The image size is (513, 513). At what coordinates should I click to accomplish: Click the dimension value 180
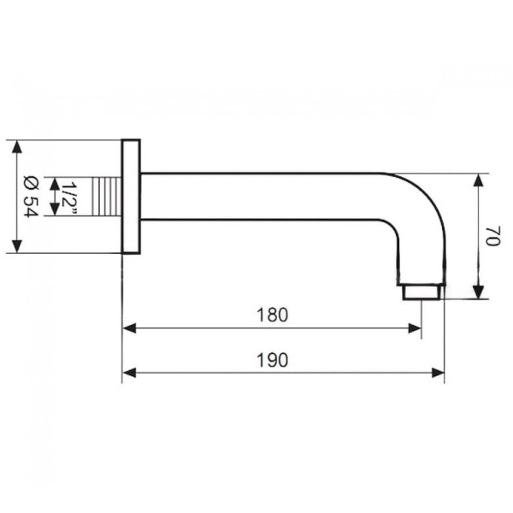272,315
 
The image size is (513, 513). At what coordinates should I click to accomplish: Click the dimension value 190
272,360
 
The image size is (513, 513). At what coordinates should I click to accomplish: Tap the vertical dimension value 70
492,236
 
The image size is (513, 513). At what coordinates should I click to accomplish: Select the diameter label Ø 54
32,197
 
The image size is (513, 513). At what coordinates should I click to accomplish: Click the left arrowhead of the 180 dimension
129,328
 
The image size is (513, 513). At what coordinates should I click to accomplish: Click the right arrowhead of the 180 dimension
415,328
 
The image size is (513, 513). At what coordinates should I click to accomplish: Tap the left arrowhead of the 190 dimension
129,373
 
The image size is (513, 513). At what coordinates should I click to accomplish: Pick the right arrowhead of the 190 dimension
438,373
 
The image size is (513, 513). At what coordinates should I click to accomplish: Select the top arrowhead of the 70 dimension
479,180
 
